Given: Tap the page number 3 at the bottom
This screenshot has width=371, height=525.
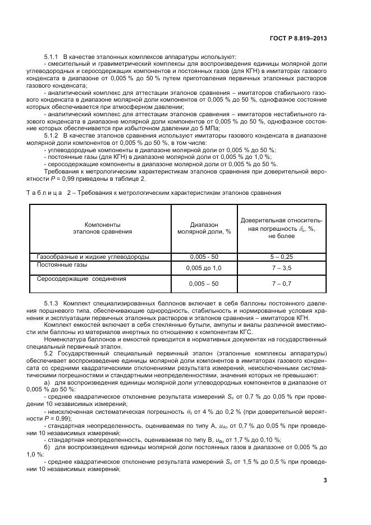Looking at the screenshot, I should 325,480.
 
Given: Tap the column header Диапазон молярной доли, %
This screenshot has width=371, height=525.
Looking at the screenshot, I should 204,228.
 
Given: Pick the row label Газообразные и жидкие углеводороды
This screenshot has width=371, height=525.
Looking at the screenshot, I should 93,257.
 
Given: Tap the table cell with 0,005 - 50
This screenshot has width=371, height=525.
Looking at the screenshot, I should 204,257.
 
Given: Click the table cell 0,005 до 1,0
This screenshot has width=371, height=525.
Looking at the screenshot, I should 204,268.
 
